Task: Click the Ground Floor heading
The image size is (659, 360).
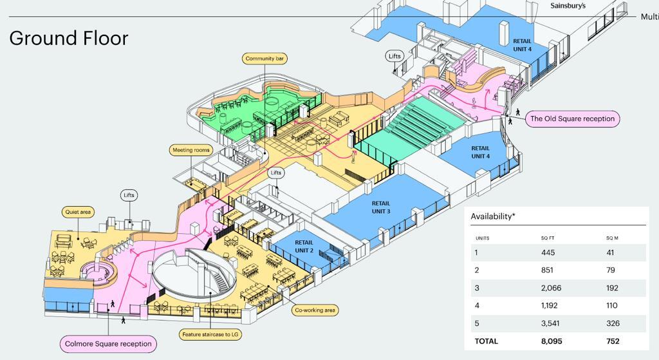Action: pos(69,38)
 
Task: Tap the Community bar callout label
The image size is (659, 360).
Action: pos(265,59)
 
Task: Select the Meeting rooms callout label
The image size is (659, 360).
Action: pos(191,150)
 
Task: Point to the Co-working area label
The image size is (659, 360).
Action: pos(315,310)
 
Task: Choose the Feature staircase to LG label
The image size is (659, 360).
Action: pos(211,335)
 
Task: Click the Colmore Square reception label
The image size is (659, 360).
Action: pos(108,344)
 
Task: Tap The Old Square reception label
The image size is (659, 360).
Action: pos(572,118)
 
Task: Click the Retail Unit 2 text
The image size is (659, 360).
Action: pos(304,247)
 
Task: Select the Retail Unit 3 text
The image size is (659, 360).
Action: pos(381,207)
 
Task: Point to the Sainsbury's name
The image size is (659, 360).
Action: pos(568,6)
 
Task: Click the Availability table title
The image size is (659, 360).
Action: pos(493,216)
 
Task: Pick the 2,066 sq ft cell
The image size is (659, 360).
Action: pos(552,288)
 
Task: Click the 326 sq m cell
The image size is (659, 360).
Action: pos(614,323)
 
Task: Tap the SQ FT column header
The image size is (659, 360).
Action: pos(548,238)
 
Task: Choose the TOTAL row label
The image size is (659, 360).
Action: pos(486,341)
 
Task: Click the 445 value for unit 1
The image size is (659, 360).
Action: pos(548,252)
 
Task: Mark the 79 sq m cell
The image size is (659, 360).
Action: pos(611,270)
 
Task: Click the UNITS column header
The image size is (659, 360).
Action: pos(482,238)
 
